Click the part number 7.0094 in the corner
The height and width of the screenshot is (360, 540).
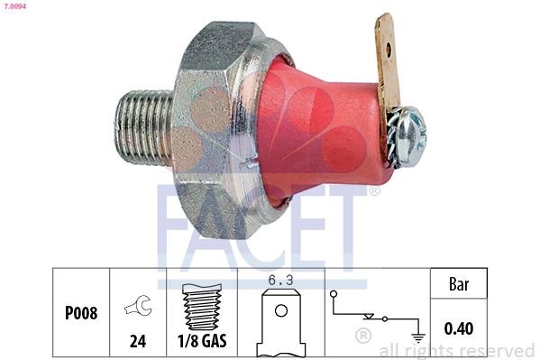[x=14, y=6]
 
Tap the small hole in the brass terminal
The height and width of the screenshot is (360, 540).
[x=386, y=37]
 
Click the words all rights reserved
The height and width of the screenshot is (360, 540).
[x=456, y=350]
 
